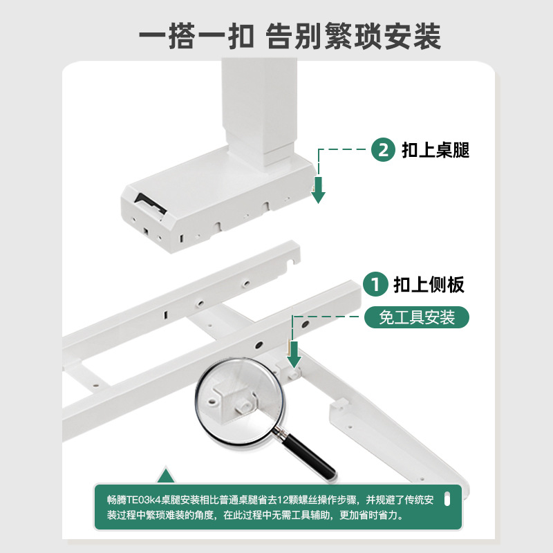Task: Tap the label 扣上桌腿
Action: point(435,150)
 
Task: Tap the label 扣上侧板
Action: point(429,284)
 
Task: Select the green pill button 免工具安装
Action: point(417,317)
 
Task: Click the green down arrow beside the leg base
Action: point(318,189)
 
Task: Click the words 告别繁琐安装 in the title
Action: point(353,37)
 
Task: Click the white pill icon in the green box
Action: point(447,498)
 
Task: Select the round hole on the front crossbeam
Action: point(259,344)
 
